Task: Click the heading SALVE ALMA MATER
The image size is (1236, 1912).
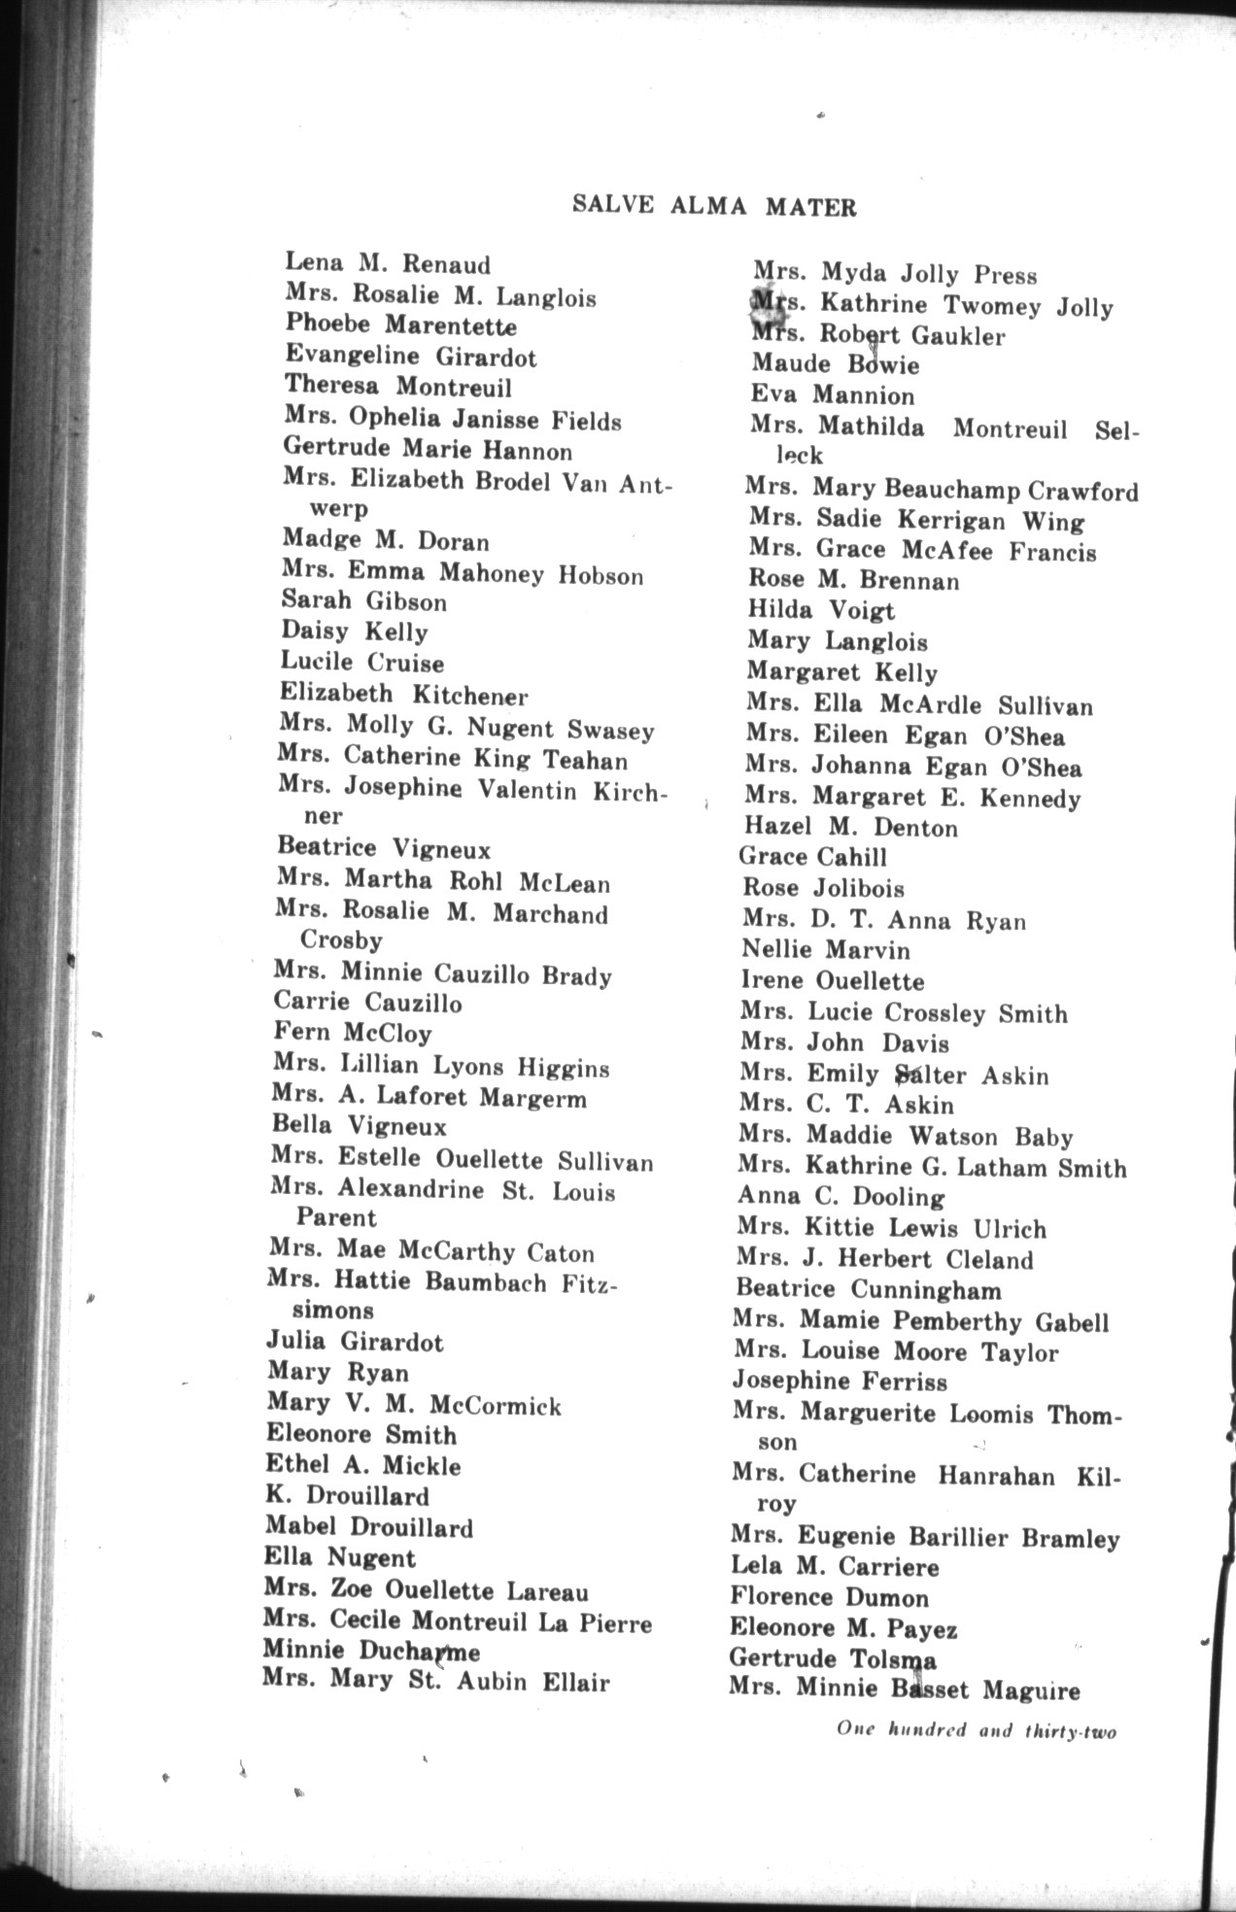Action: click(x=714, y=207)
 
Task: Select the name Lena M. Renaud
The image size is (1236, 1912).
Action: click(x=388, y=263)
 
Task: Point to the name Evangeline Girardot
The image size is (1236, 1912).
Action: click(x=410, y=357)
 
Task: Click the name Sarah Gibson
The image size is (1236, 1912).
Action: click(x=364, y=601)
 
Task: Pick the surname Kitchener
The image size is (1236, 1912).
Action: click(x=470, y=696)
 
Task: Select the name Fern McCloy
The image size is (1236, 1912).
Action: click(x=353, y=1033)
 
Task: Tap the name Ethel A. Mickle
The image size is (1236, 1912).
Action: click(x=363, y=1465)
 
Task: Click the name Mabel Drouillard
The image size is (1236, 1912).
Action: click(x=369, y=1527)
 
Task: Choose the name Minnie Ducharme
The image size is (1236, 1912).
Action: click(x=371, y=1651)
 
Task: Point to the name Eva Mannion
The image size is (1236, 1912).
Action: click(x=832, y=395)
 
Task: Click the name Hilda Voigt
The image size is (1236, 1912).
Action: click(x=821, y=611)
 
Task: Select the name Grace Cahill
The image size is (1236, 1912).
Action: click(x=812, y=857)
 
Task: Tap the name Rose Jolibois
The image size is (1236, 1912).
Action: click(x=823, y=888)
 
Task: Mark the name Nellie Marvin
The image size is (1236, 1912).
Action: click(x=826, y=950)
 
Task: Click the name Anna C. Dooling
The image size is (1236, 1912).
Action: click(x=841, y=1197)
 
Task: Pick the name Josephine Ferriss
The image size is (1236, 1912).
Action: click(x=840, y=1382)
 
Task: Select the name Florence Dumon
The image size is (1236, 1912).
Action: click(x=829, y=1598)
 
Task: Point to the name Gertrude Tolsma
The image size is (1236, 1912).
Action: click(x=833, y=1659)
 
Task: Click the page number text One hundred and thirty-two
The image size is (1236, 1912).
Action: click(x=976, y=1730)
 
